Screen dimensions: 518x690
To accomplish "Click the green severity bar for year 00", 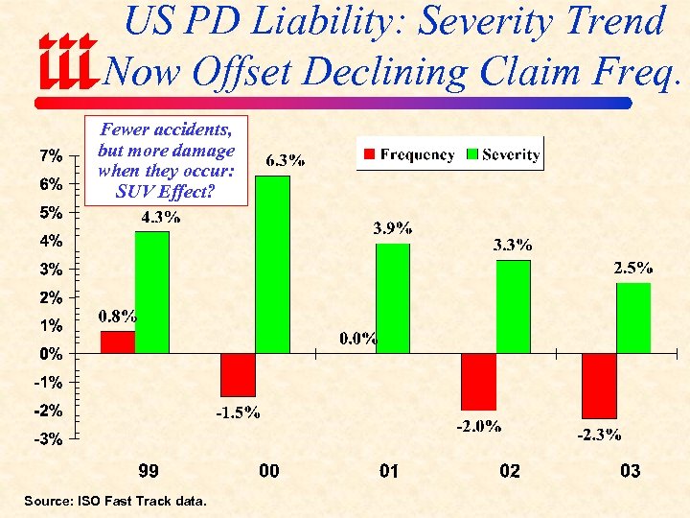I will (x=272, y=264).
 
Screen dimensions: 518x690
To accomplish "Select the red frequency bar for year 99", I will (x=118, y=341).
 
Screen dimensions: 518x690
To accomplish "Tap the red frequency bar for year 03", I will (x=600, y=385).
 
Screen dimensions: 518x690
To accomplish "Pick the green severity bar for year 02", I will (x=514, y=306).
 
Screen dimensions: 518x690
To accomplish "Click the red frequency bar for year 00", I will (x=238, y=374).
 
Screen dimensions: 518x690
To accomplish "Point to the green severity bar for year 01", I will (x=393, y=297).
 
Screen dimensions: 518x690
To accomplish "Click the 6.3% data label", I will (x=286, y=160).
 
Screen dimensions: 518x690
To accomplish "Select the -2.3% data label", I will (x=599, y=435).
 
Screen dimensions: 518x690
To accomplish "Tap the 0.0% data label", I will (x=358, y=338).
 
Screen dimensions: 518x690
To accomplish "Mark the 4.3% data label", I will (x=160, y=217).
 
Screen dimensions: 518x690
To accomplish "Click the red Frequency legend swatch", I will (x=368, y=154).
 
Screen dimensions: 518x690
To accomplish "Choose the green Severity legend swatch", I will (x=471, y=154).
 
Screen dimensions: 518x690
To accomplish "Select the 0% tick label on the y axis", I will (x=52, y=354).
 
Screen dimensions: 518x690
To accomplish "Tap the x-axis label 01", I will (x=389, y=471).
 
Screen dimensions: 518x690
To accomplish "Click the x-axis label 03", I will (x=630, y=471).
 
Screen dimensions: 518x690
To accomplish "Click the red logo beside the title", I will (x=68, y=61).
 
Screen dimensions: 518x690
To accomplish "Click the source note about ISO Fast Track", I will (x=115, y=500).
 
